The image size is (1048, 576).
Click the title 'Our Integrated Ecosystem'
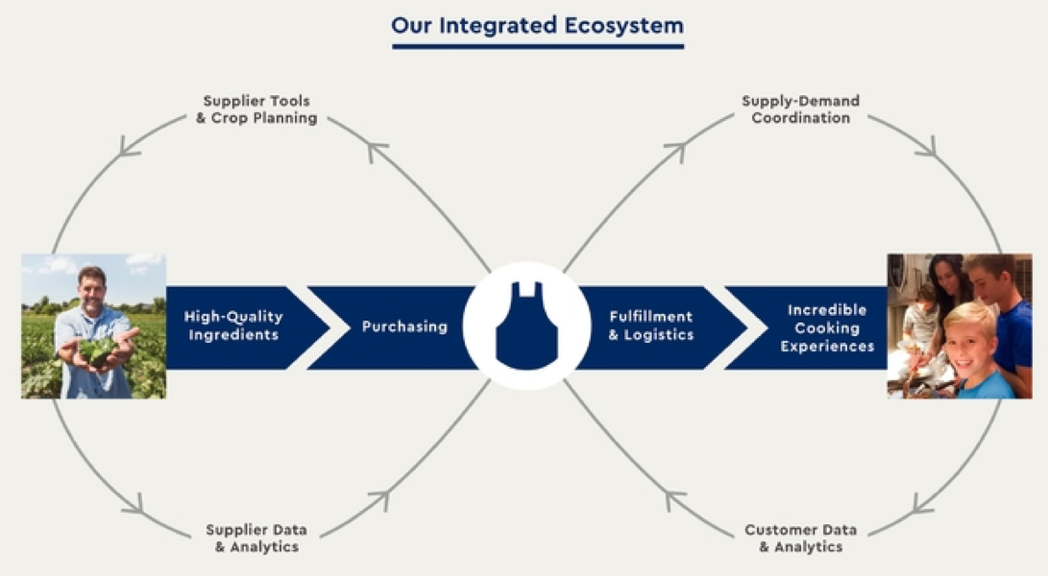coord(537,25)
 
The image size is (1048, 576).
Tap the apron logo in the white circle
coord(526,325)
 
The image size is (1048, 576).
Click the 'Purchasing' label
coord(404,326)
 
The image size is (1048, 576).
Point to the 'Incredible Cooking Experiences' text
coord(827,327)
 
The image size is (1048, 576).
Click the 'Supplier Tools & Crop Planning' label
coord(256,109)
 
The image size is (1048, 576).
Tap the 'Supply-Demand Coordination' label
coord(801,109)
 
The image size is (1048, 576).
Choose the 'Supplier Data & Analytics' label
coord(256,538)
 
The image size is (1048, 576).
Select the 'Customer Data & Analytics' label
coord(801,538)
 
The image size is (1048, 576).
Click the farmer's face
coord(91,290)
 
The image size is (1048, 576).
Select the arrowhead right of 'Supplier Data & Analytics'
coord(381,499)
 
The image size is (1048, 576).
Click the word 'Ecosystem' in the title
coord(623,25)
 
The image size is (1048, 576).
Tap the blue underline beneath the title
coord(538,46)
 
